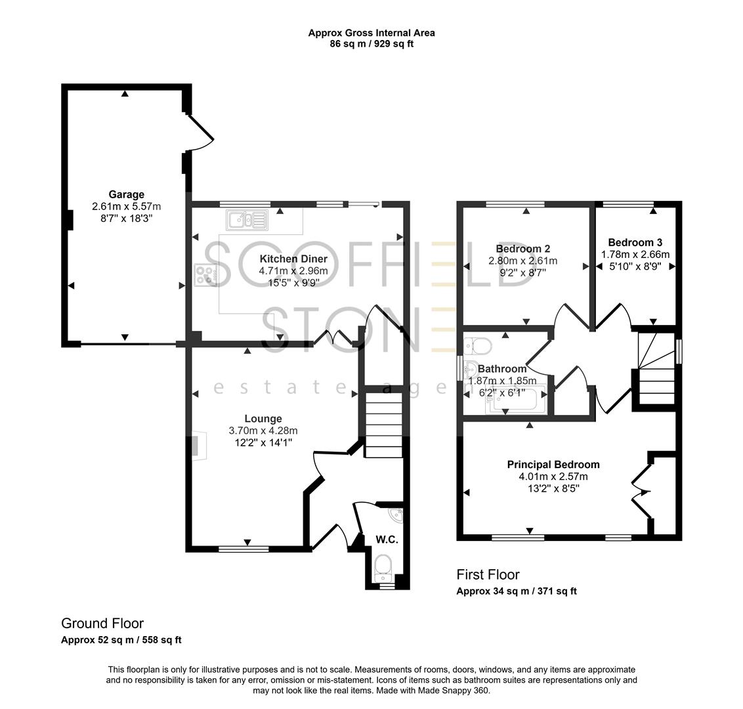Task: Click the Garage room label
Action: click(127, 194)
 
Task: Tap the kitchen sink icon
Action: click(247, 220)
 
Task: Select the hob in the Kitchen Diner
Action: click(205, 274)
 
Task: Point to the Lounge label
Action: click(263, 419)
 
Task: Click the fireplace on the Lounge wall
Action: click(198, 444)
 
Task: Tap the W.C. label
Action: click(387, 540)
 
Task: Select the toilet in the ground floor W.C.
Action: click(381, 565)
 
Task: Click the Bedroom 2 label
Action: click(522, 249)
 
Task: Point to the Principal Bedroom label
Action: click(553, 464)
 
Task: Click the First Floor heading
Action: click(488, 575)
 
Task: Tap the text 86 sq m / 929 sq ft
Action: click(371, 44)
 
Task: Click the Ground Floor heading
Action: click(102, 624)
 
